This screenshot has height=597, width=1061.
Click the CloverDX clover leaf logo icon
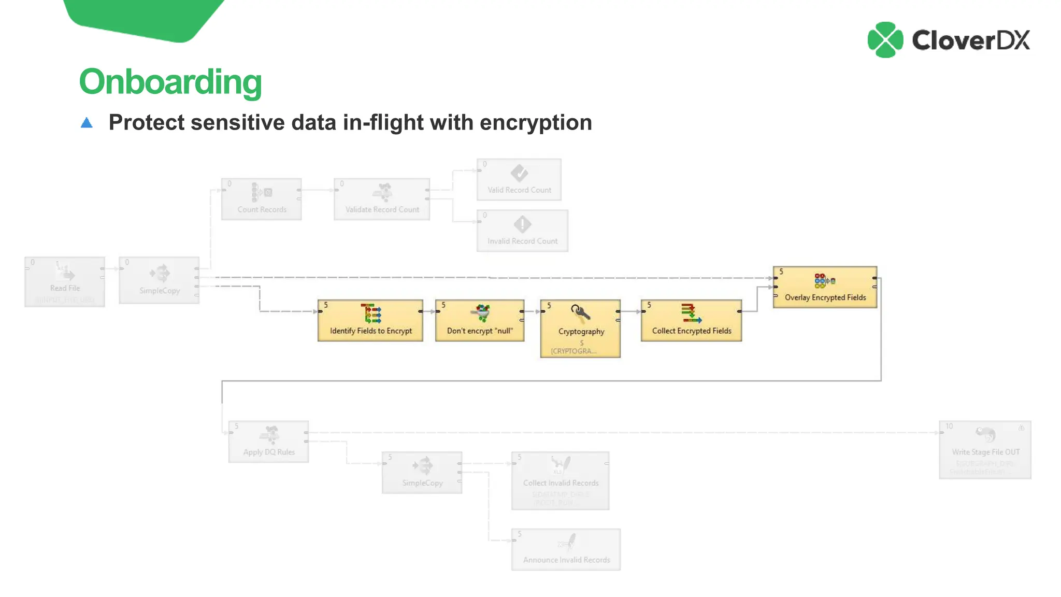pos(885,40)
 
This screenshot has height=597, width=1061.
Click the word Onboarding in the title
pos(170,82)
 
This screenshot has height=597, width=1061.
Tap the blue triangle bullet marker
pos(87,123)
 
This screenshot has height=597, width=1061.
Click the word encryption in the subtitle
pos(536,123)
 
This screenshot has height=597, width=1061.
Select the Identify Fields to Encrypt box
pos(370,320)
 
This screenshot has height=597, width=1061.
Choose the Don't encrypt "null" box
pos(479,320)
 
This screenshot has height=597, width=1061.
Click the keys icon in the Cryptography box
pos(580,313)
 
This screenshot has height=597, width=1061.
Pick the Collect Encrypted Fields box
pos(691,320)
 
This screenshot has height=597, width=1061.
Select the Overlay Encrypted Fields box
pos(825,287)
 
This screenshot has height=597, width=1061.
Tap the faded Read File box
pos(65,281)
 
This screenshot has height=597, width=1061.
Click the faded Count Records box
pos(262,199)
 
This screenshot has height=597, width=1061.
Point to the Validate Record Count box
pos(382,199)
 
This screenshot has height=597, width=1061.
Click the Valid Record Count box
pos(519,179)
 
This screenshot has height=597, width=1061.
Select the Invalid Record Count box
pos(522,231)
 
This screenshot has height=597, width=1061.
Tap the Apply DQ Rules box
pos(269,442)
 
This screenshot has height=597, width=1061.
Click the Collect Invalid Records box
pos(560,480)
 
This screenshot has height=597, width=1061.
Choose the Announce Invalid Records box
pos(566,549)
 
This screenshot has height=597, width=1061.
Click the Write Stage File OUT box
pos(985,449)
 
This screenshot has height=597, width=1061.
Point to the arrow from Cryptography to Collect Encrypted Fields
pos(630,311)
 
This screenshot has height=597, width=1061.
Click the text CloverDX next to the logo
pos(971,40)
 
